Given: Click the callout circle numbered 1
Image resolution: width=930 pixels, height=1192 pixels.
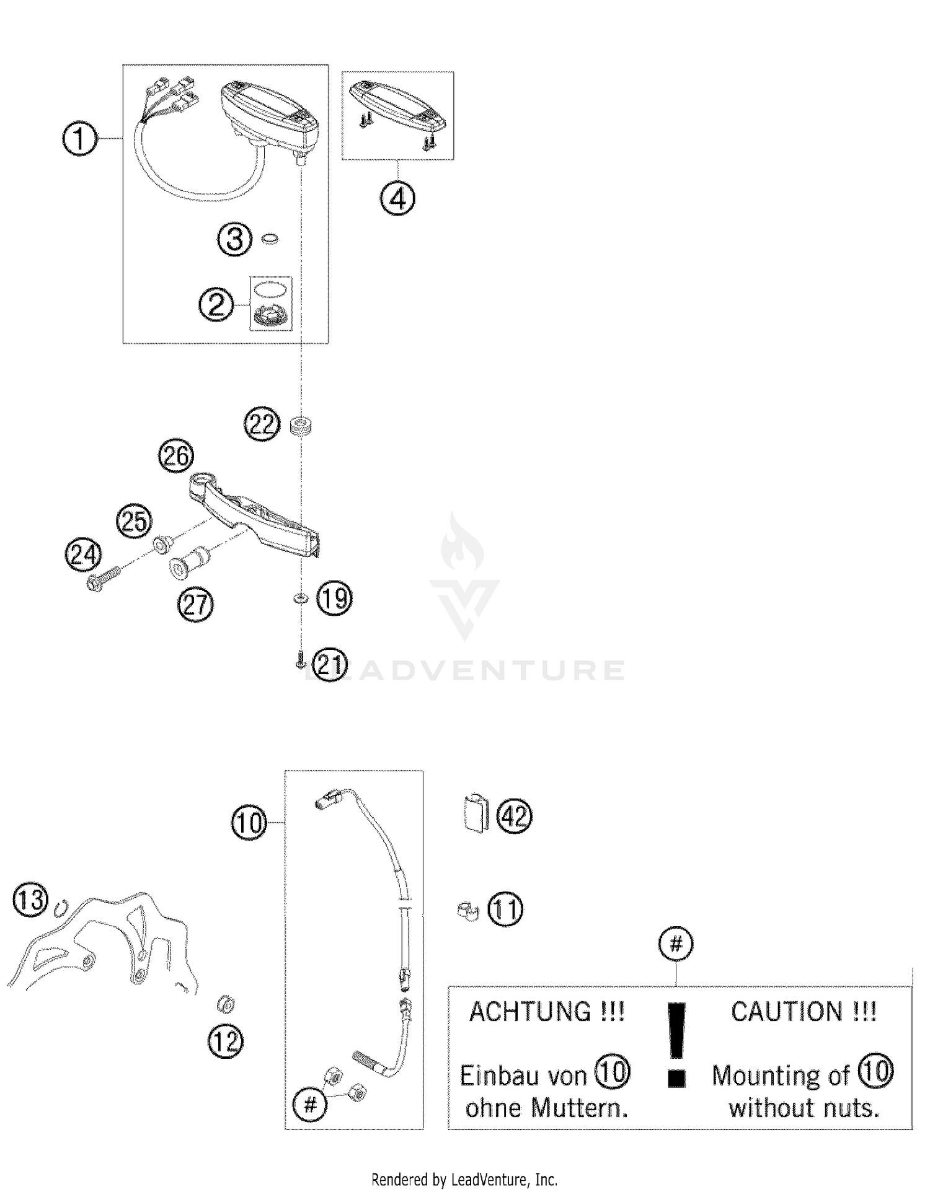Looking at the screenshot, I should pyautogui.click(x=80, y=139).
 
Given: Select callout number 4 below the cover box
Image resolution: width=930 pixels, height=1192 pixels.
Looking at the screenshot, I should pyautogui.click(x=397, y=198).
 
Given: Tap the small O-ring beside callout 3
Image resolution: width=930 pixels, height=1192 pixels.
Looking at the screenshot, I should pyautogui.click(x=270, y=239).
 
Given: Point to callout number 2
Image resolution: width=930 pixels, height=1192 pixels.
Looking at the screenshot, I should pyautogui.click(x=216, y=305).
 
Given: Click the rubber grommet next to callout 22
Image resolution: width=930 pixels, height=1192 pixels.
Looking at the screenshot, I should pyautogui.click(x=301, y=426).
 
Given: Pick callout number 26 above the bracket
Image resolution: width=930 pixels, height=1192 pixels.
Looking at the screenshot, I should pyautogui.click(x=176, y=456).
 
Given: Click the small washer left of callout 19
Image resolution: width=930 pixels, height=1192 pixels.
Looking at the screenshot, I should pyautogui.click(x=300, y=598).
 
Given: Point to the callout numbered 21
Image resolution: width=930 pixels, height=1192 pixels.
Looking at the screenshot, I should pyautogui.click(x=329, y=665).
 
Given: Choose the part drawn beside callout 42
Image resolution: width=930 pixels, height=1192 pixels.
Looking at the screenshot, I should pyautogui.click(x=476, y=812).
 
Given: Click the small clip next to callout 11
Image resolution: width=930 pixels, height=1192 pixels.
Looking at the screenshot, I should pyautogui.click(x=468, y=911).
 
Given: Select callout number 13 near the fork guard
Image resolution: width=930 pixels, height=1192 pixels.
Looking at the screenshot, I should pyautogui.click(x=30, y=900).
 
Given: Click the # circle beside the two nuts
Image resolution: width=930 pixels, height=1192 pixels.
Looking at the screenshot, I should pyautogui.click(x=311, y=1103).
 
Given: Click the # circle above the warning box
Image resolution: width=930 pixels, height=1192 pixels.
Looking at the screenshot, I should pyautogui.click(x=676, y=944).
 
